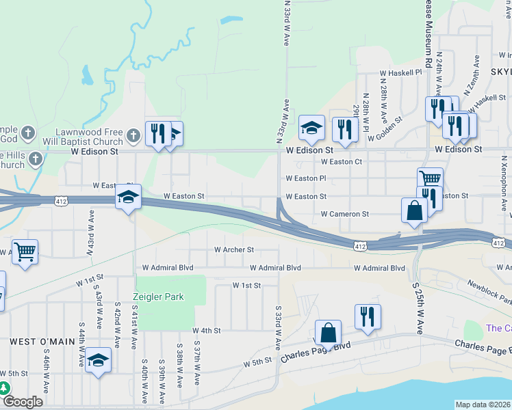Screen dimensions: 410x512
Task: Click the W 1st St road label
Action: pyautogui.click(x=246, y=285)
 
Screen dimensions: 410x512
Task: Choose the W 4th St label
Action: pyautogui.click(x=207, y=331)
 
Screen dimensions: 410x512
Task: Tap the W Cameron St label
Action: pyautogui.click(x=345, y=214)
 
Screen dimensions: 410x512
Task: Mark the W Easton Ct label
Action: pyautogui.click(x=341, y=162)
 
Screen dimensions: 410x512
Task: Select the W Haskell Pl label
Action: pyautogui.click(x=401, y=72)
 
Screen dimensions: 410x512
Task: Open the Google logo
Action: pyautogui.click(x=22, y=402)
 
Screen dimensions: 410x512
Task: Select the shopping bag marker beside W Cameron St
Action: pyautogui.click(x=415, y=210)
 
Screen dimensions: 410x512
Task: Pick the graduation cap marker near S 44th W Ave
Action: pyautogui.click(x=99, y=360)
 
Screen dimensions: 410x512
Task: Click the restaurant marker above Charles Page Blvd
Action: pyautogui.click(x=368, y=317)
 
